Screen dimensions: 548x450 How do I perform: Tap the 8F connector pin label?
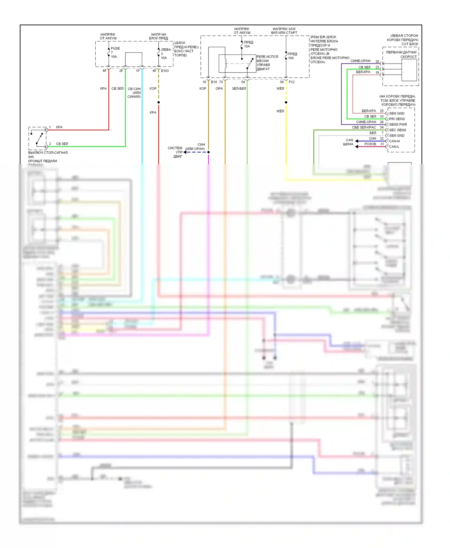tap(104, 71)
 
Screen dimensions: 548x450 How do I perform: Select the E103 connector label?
tap(165, 71)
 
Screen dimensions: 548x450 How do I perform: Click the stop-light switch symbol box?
tap(37, 138)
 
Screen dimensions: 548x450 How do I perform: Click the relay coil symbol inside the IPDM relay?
tap(226, 64)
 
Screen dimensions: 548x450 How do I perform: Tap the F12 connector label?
tap(292, 82)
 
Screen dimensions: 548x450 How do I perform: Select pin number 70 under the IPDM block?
tap(221, 82)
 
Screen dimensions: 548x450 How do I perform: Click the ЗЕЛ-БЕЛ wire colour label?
tap(239, 88)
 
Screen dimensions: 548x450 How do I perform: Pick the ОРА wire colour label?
tap(219, 88)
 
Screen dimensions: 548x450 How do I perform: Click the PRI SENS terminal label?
tap(397, 119)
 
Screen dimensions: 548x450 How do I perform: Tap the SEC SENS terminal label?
tap(397, 130)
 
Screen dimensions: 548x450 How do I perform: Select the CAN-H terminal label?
tap(394, 141)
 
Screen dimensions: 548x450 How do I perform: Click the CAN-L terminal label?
tap(394, 147)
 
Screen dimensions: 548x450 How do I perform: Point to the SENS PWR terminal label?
tap(398, 124)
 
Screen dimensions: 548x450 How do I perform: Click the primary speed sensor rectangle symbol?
tap(409, 70)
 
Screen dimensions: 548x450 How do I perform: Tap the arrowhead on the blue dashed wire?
tap(185, 152)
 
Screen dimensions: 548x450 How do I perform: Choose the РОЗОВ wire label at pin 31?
tap(370, 144)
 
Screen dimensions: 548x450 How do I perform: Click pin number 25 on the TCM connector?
tap(382, 111)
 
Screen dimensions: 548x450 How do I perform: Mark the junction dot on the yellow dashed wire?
tap(286, 103)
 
